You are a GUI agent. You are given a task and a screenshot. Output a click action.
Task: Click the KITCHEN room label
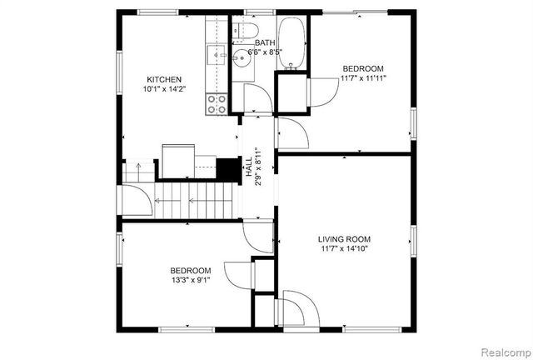164,80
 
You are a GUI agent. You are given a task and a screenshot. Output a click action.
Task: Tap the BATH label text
265,42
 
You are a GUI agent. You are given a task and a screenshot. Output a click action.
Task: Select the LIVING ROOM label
344,239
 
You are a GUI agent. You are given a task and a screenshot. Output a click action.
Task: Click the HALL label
249,167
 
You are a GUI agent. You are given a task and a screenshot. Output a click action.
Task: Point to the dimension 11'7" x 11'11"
363,78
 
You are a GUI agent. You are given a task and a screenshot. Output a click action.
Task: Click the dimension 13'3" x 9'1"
191,280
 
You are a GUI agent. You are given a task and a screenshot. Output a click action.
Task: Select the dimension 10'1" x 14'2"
164,89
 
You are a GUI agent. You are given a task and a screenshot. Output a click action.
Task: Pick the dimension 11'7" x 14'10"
344,248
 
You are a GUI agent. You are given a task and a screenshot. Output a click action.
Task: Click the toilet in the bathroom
246,31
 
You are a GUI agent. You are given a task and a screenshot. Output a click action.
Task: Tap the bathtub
291,43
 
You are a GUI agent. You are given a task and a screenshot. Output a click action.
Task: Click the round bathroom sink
242,58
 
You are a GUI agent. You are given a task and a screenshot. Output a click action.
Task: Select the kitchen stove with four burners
217,104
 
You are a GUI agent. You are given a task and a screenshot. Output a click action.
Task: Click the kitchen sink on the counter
217,55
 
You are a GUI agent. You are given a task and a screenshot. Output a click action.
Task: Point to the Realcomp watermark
506,352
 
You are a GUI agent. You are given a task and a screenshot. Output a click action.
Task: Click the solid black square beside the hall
228,169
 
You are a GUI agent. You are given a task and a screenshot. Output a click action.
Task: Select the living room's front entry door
298,308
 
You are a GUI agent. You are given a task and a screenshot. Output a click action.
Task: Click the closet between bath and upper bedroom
291,92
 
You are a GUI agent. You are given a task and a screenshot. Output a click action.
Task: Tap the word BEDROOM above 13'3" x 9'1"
191,271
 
